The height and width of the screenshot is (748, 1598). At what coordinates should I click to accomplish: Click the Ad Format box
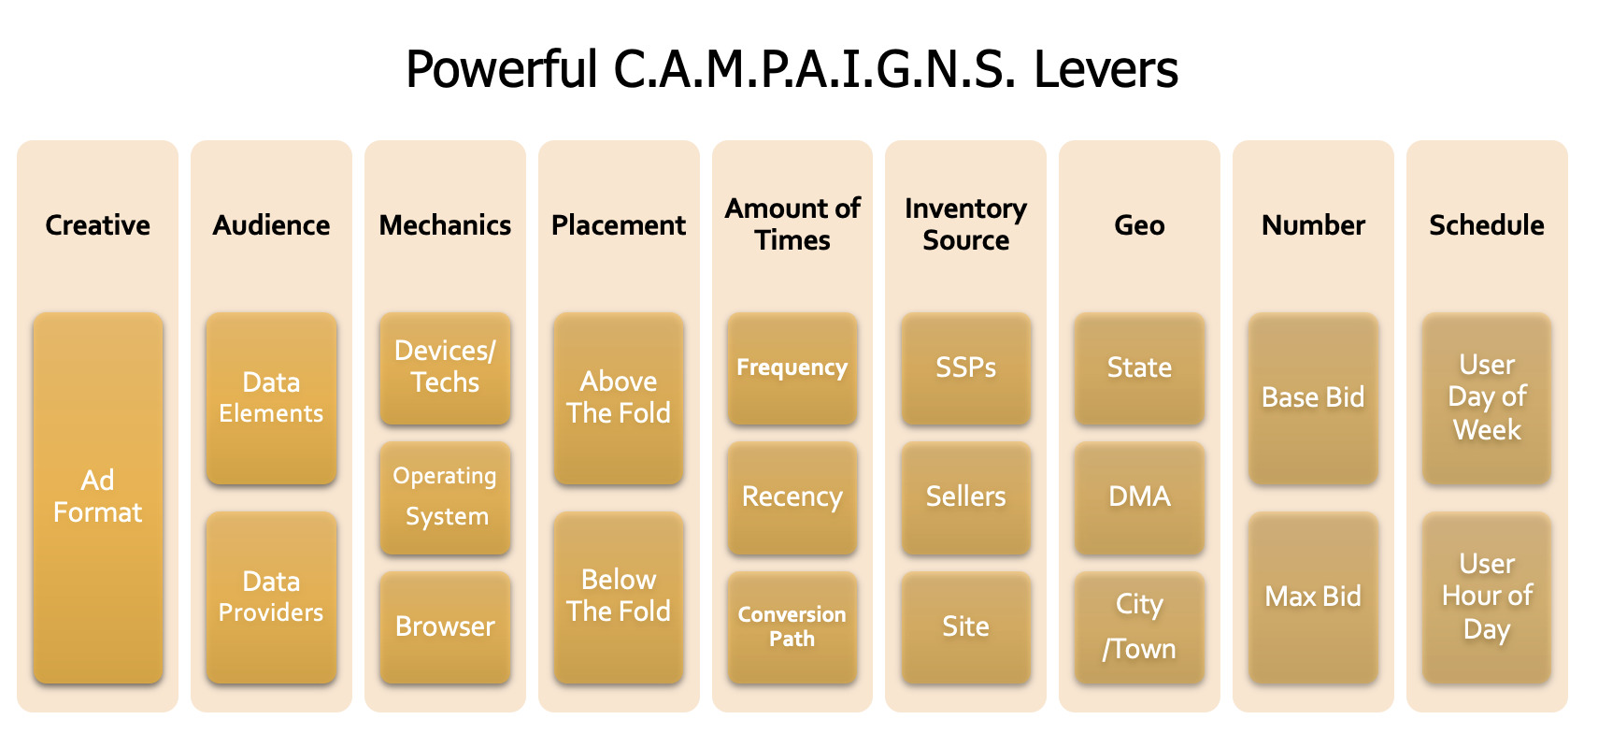tap(98, 497)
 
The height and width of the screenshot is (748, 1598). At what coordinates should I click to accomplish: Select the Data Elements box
tap(271, 398)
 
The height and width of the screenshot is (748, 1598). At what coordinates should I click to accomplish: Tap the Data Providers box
tap(271, 597)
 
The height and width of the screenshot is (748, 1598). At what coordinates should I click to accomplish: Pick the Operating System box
tap(445, 497)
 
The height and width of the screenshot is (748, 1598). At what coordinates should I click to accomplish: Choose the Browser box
tap(445, 627)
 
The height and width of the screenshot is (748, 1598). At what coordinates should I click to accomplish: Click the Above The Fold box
tap(619, 398)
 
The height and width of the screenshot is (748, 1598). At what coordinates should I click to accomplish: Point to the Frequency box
tap(792, 368)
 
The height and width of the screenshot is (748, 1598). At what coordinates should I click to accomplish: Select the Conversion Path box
tap(792, 627)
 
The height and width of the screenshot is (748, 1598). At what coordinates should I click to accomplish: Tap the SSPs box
tap(966, 368)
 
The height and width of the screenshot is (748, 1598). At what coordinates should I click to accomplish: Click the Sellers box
tap(966, 497)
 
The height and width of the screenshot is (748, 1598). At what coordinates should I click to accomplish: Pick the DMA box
tap(1139, 497)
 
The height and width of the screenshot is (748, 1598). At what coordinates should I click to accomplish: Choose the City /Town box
tap(1139, 627)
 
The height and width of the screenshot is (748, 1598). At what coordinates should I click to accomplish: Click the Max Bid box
tap(1313, 597)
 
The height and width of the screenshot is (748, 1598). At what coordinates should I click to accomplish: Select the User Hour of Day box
tap(1487, 597)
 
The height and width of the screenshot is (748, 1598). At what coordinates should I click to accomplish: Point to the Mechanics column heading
tap(445, 225)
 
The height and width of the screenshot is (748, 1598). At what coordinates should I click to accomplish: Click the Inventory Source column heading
tap(966, 224)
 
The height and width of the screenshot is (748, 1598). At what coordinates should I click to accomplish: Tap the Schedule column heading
tap(1487, 225)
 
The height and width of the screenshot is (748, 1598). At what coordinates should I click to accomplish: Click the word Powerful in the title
tap(502, 69)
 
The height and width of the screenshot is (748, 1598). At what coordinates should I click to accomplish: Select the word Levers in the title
tap(1106, 69)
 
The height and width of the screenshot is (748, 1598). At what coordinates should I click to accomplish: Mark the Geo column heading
tap(1139, 225)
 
